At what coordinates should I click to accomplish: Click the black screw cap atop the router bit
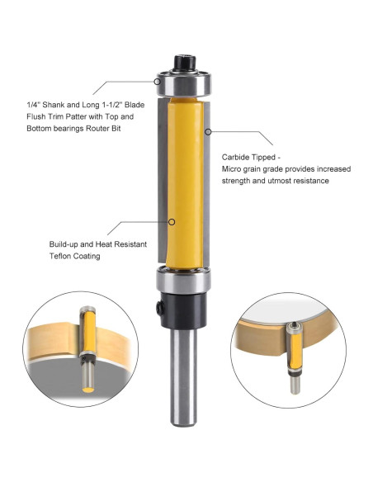pos(182,64)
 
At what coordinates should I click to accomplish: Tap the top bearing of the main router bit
pos(182,82)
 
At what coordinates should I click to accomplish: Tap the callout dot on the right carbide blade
pos(210,131)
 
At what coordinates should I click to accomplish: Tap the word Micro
pos(234,168)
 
